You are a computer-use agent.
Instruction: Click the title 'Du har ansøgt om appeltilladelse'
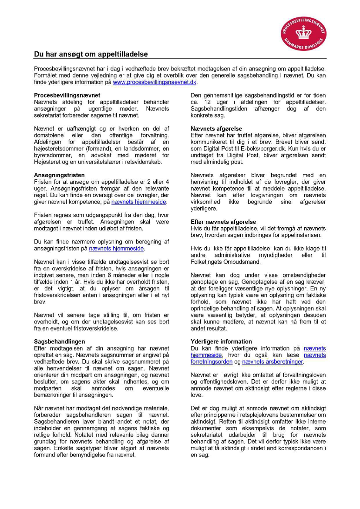click(91, 54)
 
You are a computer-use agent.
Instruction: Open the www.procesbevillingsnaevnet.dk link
click(155, 82)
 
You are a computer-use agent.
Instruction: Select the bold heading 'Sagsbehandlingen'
click(60, 341)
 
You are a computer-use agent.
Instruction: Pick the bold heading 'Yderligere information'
click(221, 341)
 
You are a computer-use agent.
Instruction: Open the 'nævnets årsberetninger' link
click(273, 361)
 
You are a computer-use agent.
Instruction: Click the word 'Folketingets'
click(207, 262)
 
